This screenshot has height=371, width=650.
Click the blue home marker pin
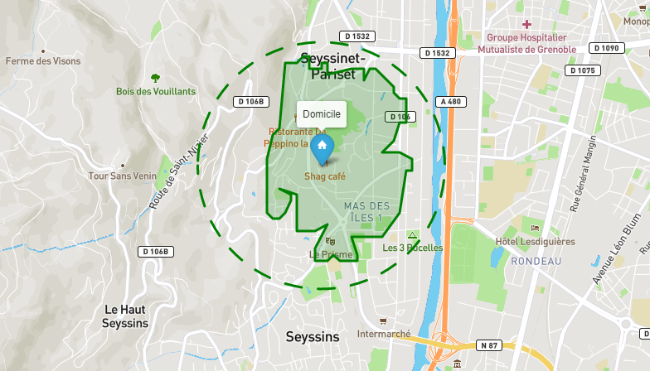click(x=322, y=148)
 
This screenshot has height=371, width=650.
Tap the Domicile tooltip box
click(x=322, y=113)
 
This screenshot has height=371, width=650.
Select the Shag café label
click(x=325, y=176)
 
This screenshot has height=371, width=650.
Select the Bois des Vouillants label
click(x=156, y=91)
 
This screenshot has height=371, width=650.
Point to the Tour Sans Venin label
click(x=123, y=176)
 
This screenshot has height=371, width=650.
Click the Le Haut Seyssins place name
click(x=125, y=316)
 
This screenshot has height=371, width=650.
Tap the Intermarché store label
click(x=383, y=334)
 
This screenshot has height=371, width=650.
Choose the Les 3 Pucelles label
click(x=412, y=248)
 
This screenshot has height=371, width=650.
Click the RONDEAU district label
click(x=536, y=261)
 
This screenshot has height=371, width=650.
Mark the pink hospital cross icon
click(x=526, y=24)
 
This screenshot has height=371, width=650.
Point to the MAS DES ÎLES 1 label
click(x=366, y=211)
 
